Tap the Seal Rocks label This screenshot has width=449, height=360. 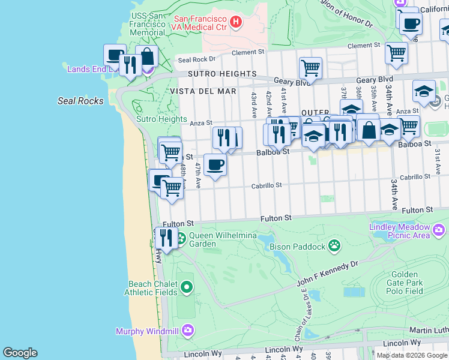(x=80, y=101)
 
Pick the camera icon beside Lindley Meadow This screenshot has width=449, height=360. (x=439, y=230)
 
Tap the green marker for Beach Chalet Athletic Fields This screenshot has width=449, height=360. (x=187, y=287)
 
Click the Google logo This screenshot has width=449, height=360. (x=20, y=353)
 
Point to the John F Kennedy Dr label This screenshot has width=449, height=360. (x=328, y=273)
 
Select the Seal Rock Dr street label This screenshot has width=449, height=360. (x=196, y=59)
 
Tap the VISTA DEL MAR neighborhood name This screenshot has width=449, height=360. (x=203, y=91)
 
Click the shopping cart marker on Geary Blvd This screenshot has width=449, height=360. (x=310, y=68)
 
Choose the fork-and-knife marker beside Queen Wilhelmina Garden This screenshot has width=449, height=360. (x=166, y=238)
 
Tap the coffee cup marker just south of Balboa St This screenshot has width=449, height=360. (x=215, y=164)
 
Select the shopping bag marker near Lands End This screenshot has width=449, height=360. (x=146, y=56)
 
